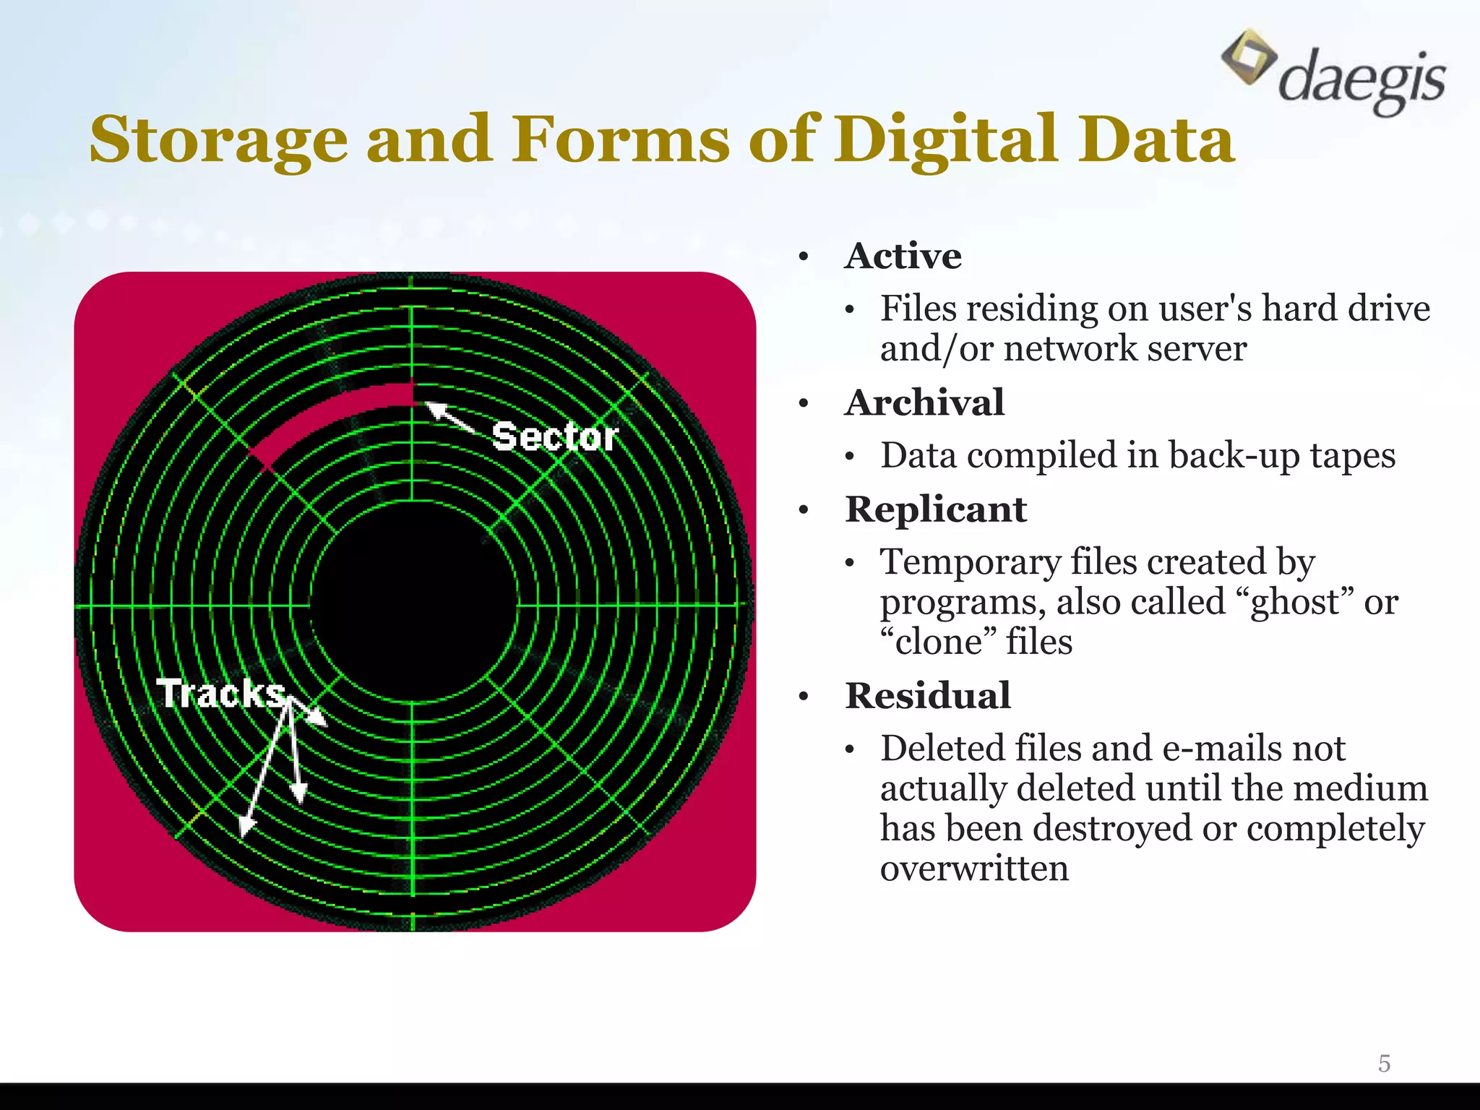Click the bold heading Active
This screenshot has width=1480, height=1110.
coord(903,256)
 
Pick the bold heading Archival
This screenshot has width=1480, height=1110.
coord(924,403)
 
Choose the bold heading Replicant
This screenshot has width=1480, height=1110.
coord(936,509)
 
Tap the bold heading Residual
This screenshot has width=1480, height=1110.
coord(928,696)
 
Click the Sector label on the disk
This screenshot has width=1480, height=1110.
coord(555,436)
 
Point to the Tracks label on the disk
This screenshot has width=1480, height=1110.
coord(221,694)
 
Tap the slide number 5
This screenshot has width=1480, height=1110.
coord(1384,1064)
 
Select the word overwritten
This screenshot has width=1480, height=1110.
coord(974,868)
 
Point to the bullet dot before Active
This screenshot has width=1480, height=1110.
coord(804,257)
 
